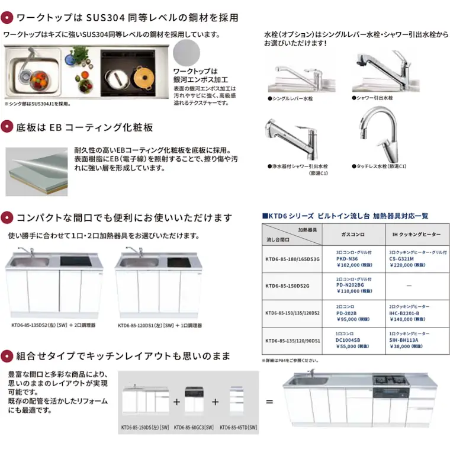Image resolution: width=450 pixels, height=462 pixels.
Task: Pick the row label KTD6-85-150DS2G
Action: click(x=292, y=285)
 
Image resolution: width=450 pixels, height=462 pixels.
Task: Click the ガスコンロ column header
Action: click(x=353, y=234)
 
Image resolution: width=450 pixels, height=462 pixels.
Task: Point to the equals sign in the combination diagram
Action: click(x=269, y=402)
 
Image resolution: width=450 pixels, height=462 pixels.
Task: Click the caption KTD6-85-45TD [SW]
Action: click(x=238, y=427)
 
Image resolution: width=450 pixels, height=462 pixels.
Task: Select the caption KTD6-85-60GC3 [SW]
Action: click(x=194, y=427)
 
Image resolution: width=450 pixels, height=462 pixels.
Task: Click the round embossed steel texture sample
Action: click(x=189, y=57)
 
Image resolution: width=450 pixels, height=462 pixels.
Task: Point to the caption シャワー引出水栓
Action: click(x=374, y=98)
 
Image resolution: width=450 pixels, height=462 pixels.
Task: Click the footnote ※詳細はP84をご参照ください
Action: click(x=290, y=360)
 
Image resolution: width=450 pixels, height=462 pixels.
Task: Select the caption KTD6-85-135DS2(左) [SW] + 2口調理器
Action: click(x=53, y=325)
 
